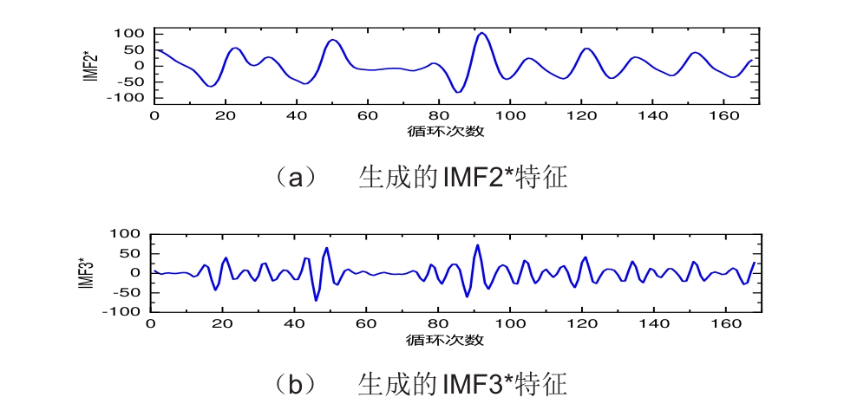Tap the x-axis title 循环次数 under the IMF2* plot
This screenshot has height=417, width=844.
click(445, 132)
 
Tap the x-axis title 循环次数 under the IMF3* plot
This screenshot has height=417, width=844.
click(445, 339)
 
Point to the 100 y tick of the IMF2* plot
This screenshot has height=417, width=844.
click(128, 33)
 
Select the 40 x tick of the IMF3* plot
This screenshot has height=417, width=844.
click(294, 323)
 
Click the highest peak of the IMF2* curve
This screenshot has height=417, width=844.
click(482, 33)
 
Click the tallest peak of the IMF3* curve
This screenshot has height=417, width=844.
click(477, 245)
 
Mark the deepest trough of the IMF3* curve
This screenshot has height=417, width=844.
click(316, 300)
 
